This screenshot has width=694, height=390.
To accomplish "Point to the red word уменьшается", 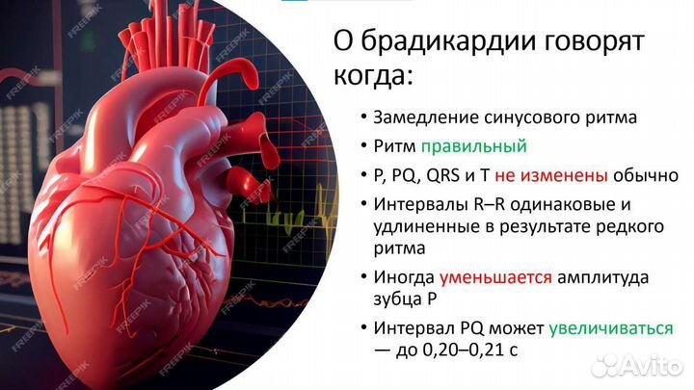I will pyautogui.click(x=495, y=277).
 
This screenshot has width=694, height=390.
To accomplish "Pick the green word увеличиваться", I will pyautogui.click(x=611, y=328).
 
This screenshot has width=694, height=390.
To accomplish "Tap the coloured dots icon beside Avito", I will pyautogui.click(x=606, y=365).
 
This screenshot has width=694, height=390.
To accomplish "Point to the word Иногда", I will pyautogui.click(x=402, y=277).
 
